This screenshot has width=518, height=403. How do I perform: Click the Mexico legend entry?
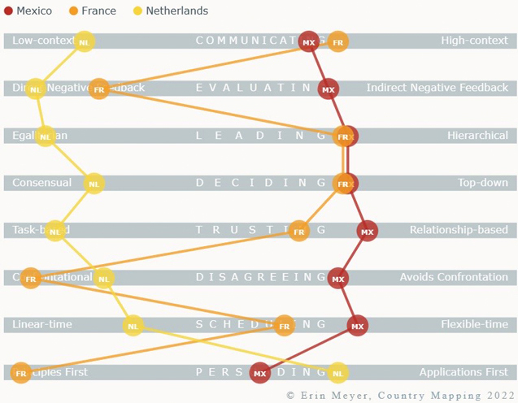28,11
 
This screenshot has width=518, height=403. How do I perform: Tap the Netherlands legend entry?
170,11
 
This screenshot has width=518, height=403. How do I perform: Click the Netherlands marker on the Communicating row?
84,41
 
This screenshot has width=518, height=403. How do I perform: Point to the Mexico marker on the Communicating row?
309,41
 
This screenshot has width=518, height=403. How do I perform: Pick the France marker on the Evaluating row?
99,89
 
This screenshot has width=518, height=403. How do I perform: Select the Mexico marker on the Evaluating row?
329,89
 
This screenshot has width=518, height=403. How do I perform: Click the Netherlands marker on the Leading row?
46,136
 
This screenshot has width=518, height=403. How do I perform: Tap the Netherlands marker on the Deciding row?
94,184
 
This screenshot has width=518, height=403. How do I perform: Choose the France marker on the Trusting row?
299,231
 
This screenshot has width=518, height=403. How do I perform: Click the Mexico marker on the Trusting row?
368,231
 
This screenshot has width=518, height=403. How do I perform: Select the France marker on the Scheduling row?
285,326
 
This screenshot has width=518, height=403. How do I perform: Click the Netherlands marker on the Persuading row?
338,373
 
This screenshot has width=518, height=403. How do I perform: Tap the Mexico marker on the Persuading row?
260,373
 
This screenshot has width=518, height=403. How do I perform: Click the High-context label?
474,41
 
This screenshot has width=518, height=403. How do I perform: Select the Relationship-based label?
459,230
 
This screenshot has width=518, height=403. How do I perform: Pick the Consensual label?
41,183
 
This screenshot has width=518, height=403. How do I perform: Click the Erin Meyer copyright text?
399,395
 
